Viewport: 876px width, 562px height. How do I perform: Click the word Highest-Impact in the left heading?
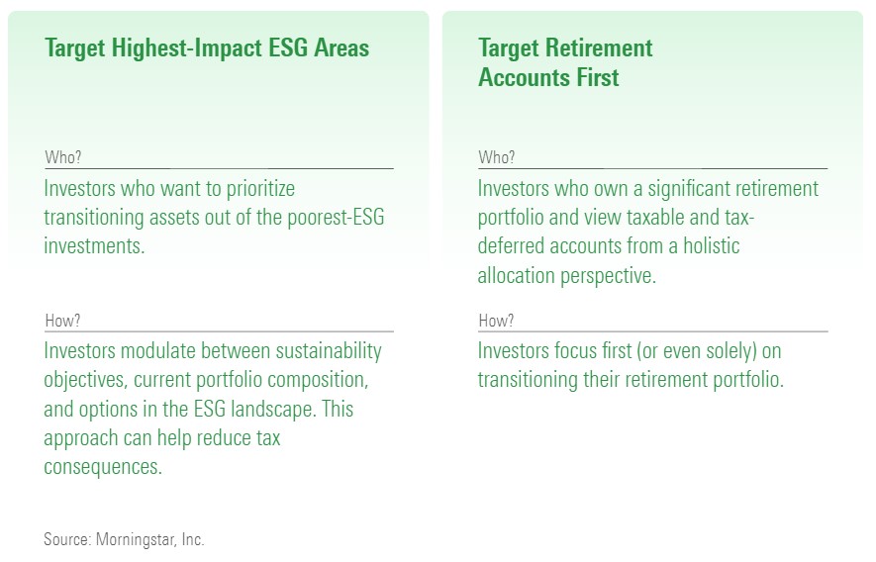187,48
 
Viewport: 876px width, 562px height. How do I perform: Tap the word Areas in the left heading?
341,47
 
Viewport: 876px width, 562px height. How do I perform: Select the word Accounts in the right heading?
524,77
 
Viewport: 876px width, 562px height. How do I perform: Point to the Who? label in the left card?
63,157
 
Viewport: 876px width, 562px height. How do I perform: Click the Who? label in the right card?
497,157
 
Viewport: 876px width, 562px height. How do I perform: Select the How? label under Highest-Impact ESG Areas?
62,321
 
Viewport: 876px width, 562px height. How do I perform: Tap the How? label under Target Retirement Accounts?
496,321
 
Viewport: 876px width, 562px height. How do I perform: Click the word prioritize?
260,189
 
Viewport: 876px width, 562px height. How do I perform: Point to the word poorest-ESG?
336,217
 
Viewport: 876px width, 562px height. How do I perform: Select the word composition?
314,381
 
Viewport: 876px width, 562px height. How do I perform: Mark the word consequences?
103,467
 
